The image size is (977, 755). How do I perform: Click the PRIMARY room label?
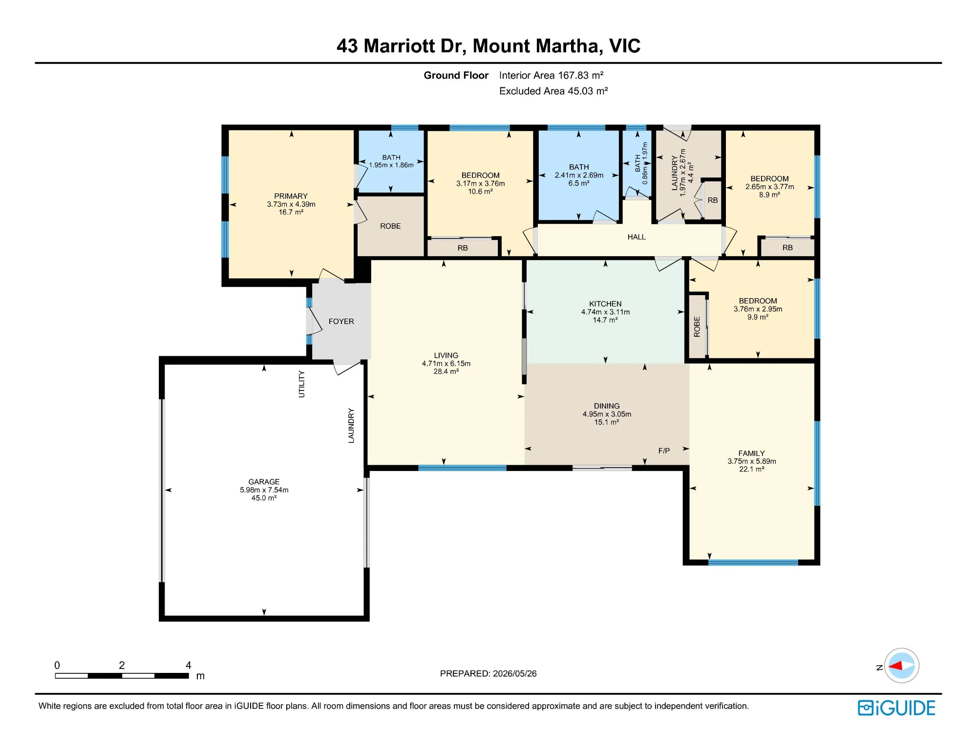pos(291,196)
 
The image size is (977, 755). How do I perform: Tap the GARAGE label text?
pos(264,482)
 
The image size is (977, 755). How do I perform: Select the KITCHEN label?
pos(605,304)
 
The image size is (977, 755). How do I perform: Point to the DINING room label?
pos(607,406)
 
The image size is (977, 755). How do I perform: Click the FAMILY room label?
pos(751,453)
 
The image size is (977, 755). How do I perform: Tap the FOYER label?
pos(341,322)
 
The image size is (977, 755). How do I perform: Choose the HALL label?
pos(637,237)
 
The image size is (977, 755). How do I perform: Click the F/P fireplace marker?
pos(664,451)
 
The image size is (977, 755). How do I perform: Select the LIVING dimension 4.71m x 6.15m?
pos(446,364)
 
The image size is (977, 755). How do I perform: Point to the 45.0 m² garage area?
pos(264,498)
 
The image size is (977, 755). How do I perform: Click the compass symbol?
pos(901,666)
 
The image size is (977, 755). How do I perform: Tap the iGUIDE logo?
pos(896,708)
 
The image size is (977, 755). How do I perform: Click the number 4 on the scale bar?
pos(189,665)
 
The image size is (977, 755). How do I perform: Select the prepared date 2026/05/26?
pos(515,673)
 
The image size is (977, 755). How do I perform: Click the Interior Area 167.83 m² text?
pos(551,75)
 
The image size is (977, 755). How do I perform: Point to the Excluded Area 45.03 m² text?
pos(553,91)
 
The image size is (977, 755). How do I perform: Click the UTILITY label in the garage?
pos(301,384)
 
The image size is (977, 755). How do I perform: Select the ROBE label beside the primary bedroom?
pos(390,226)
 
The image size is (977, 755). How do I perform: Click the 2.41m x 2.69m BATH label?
pos(579,175)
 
